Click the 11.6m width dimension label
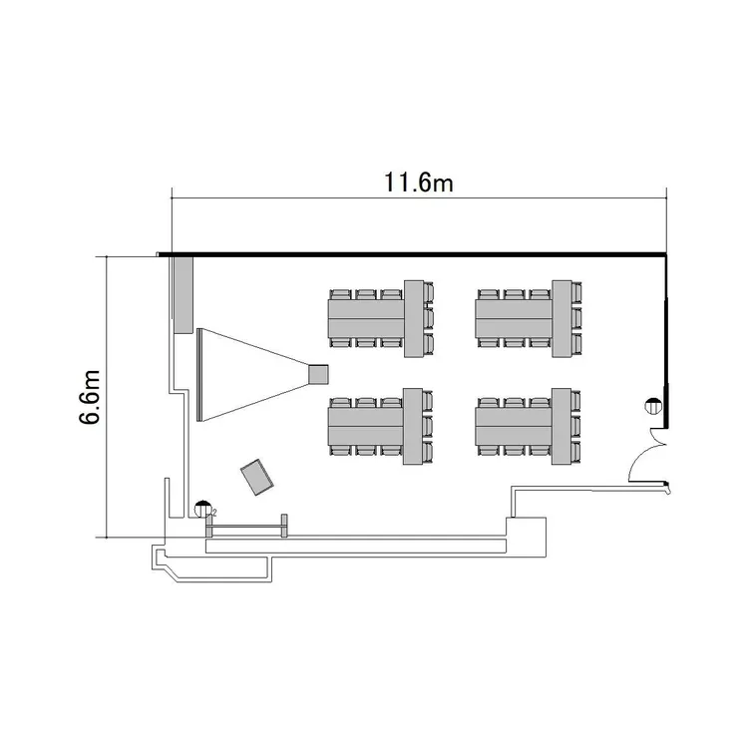418,184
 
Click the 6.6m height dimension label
90,397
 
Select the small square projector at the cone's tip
318,374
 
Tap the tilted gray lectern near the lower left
257,477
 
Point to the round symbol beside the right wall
653,407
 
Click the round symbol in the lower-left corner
203,509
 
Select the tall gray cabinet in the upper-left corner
184,295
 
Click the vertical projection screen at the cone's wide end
199,375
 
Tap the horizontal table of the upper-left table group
366,319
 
